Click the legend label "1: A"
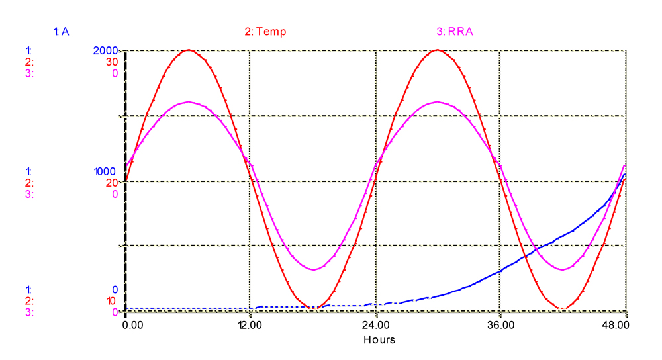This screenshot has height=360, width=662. click(61, 31)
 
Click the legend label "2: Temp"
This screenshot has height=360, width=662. click(265, 31)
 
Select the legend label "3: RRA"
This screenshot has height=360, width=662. click(455, 31)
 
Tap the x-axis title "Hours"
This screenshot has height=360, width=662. click(379, 339)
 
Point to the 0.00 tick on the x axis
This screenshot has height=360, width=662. click(132, 326)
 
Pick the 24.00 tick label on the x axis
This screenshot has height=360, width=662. click(375, 326)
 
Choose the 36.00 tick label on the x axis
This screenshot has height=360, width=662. click(500, 326)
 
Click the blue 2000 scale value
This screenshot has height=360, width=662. click(106, 50)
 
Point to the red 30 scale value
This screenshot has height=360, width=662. click(112, 62)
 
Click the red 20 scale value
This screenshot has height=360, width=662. click(112, 183)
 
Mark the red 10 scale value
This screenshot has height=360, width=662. click(112, 301)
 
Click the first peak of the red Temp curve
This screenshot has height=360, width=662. click(189, 50)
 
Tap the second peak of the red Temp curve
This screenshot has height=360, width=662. click(438, 50)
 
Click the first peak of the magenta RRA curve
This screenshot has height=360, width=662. click(189, 101)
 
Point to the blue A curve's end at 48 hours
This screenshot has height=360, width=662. click(626, 174)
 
